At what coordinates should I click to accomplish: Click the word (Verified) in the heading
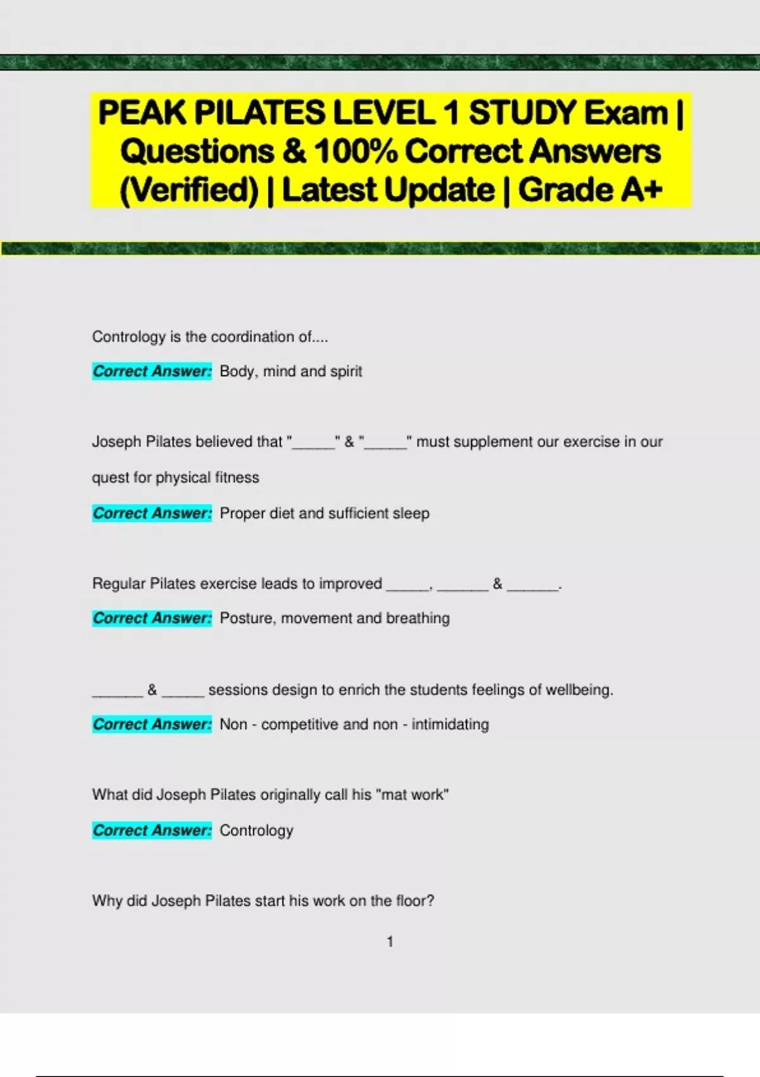click(189, 190)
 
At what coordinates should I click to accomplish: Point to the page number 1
click(390, 942)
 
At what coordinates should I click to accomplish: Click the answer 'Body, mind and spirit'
click(291, 371)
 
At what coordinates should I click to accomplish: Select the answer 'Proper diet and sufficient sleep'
click(324, 513)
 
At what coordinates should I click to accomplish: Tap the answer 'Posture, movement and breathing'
click(334, 618)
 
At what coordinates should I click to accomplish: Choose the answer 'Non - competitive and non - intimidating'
click(354, 724)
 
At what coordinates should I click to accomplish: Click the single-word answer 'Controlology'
click(256, 831)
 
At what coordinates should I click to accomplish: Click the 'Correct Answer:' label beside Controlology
click(152, 831)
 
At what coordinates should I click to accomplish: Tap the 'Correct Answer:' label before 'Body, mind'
click(152, 371)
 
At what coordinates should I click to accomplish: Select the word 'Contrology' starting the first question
click(129, 337)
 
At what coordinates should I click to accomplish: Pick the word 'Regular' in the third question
click(118, 583)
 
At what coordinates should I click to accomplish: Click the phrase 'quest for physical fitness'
click(175, 478)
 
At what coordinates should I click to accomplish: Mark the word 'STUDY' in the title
click(522, 113)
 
